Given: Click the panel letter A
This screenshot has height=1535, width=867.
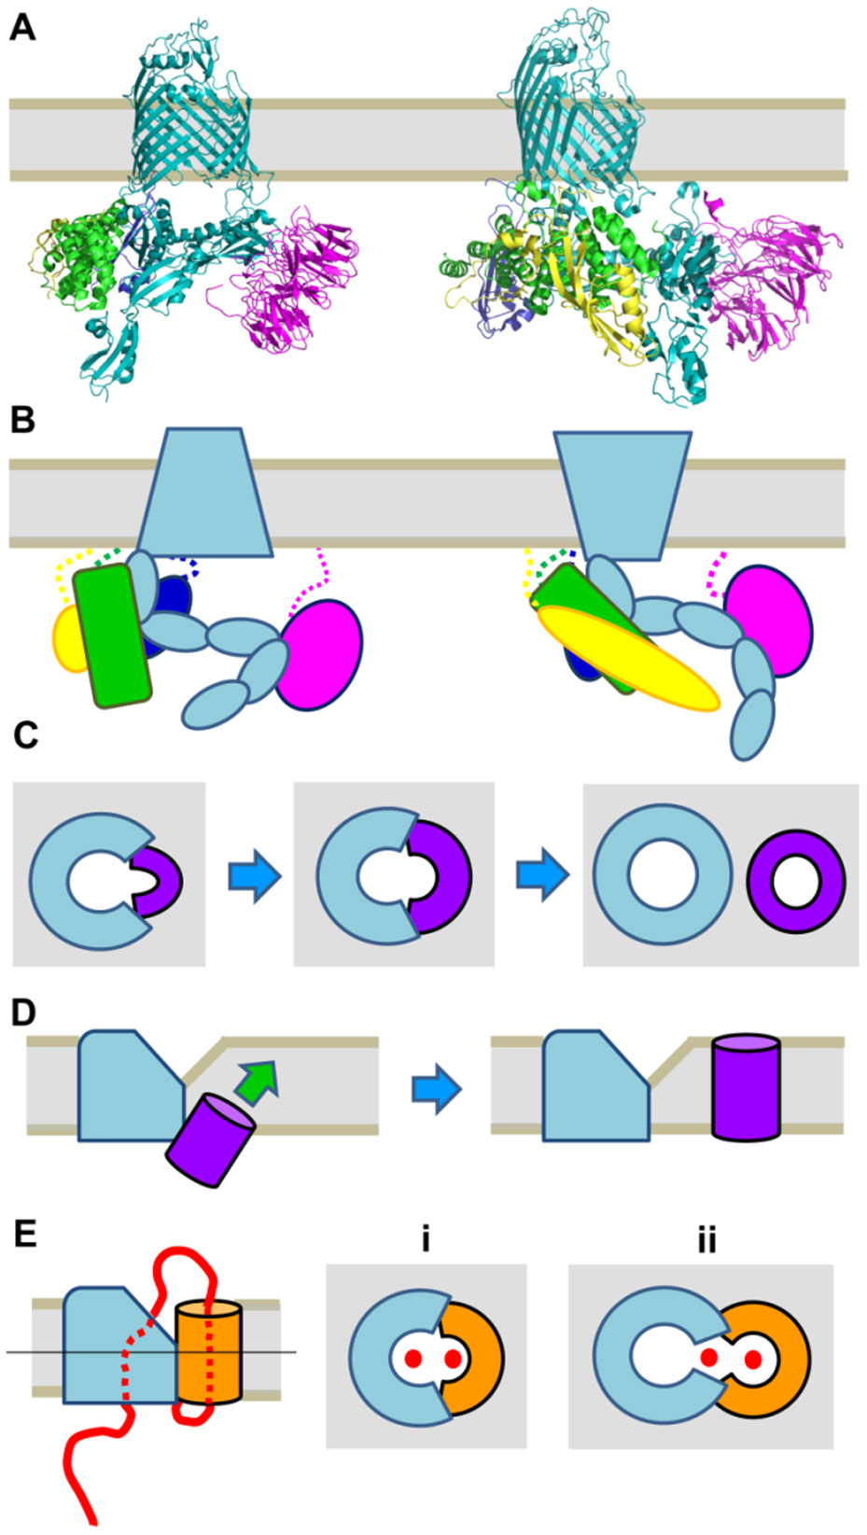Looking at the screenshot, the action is [x=22, y=29].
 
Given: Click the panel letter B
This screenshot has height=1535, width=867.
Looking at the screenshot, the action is [x=22, y=420].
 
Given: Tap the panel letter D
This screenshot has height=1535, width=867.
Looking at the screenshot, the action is [x=23, y=1012].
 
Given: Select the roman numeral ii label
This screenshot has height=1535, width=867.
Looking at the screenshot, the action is [x=706, y=1239].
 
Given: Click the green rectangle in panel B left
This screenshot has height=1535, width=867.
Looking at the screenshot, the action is [x=112, y=636].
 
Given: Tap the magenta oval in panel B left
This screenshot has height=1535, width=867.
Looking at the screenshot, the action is [x=320, y=654].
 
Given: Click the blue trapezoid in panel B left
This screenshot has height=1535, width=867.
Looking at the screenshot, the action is [x=205, y=492].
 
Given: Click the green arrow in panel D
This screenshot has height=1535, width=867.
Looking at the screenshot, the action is [x=257, y=1082].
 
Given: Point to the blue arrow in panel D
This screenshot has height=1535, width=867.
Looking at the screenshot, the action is [x=436, y=1089].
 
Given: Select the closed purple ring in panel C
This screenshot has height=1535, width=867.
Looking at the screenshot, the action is [x=796, y=881].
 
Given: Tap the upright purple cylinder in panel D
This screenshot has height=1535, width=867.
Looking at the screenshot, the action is [x=746, y=1087].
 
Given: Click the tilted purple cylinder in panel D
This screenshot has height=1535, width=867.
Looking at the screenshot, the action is [x=210, y=1140].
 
